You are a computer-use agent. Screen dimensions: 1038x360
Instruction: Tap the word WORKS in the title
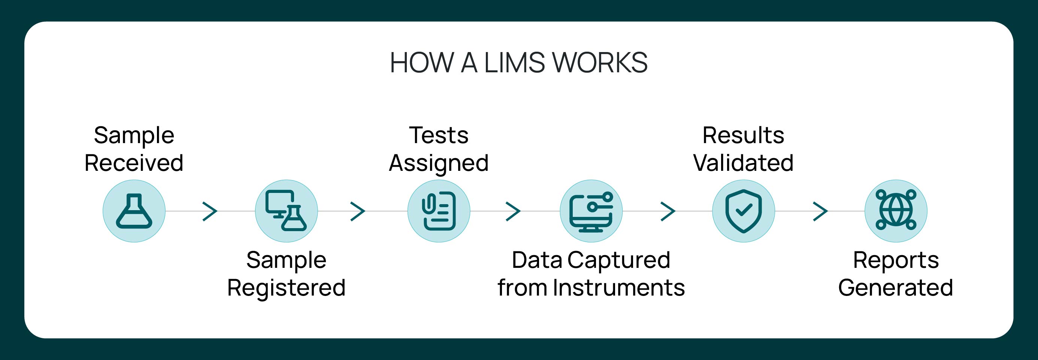(x=600, y=63)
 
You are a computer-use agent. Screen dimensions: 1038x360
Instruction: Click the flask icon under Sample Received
(x=134, y=211)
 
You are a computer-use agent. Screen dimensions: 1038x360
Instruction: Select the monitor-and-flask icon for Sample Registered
(x=286, y=211)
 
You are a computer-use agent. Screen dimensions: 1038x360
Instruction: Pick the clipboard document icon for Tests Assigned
(x=439, y=211)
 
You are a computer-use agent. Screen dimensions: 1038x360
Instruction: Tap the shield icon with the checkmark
(x=744, y=211)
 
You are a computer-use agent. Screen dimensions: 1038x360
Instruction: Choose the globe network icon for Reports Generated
(x=896, y=210)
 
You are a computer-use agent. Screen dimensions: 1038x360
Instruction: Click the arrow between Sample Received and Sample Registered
(x=210, y=211)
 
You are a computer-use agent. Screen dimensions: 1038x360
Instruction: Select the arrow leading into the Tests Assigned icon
(x=358, y=211)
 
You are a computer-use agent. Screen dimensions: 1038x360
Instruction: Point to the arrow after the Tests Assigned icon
(x=513, y=211)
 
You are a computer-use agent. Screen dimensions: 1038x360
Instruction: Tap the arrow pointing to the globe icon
(x=820, y=211)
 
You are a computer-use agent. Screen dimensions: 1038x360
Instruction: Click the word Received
(x=134, y=163)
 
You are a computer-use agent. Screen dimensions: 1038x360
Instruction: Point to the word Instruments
(x=619, y=288)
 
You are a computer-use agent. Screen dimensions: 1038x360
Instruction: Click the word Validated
(x=744, y=163)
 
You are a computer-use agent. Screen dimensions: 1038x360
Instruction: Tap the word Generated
(x=896, y=288)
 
